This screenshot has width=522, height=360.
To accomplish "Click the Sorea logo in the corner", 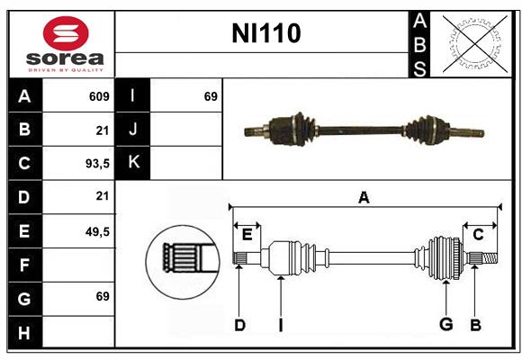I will click(61, 45).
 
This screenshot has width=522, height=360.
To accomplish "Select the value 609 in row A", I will click(99, 96).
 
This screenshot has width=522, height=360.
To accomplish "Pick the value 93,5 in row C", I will click(96, 164).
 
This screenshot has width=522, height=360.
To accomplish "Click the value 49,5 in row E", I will click(96, 231).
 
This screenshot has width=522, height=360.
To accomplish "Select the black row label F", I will click(25, 265).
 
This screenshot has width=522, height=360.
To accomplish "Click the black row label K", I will click(133, 163).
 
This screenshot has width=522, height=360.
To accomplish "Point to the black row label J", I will click(133, 130).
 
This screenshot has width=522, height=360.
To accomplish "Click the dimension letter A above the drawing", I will click(364, 197).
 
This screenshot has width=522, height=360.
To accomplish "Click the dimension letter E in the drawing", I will click(247, 235).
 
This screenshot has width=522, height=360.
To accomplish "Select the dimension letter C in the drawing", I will click(479, 235).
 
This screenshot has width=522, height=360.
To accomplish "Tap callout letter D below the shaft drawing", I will click(239, 325).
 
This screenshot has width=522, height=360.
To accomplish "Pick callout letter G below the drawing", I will click(445, 325).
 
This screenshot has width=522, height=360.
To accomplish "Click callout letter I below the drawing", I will click(280, 325).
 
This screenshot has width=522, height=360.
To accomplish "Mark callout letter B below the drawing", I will click(475, 325).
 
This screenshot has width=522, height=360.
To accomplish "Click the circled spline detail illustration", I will click(182, 257).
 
